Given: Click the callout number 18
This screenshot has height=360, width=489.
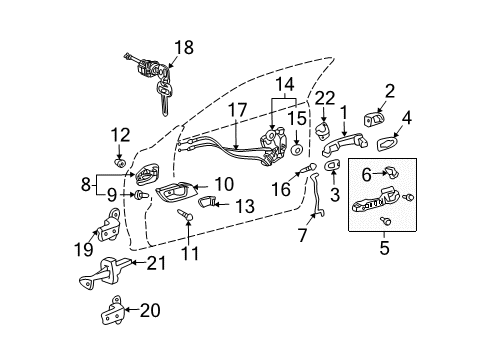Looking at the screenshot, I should click(182, 47).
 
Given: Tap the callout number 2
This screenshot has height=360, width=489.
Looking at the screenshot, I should click(389, 91).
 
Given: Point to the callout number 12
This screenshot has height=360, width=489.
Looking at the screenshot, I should click(120, 135).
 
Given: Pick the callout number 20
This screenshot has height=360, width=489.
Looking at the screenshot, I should click(150, 311).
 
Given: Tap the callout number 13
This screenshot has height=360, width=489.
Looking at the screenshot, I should click(245, 206).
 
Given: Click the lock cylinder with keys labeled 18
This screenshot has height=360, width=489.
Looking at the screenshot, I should click(147, 77).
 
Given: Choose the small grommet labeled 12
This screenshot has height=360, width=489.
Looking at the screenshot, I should click(120, 158).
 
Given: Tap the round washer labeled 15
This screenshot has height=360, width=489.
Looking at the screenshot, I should click(298, 149).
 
